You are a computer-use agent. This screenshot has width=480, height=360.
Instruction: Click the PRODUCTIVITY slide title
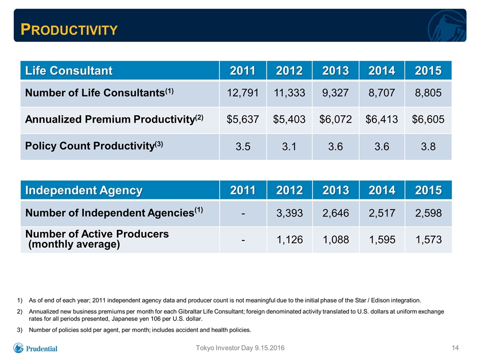click(x=69, y=29)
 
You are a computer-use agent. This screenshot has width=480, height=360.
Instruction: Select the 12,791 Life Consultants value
click(x=242, y=93)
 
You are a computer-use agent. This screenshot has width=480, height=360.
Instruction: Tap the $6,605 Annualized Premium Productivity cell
click(x=428, y=119)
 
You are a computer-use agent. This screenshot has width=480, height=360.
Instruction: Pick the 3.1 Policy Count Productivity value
click(x=289, y=146)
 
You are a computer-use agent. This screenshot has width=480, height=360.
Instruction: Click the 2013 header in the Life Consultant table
click(x=335, y=70)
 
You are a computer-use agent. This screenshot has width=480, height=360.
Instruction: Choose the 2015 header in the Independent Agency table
click(x=428, y=190)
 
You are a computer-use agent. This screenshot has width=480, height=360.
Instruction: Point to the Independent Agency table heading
click(x=84, y=190)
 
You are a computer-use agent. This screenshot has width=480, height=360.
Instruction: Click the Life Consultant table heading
click(x=69, y=70)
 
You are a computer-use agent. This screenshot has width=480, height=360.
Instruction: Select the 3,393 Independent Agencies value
click(x=289, y=213)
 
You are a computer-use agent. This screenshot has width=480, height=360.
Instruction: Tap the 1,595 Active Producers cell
click(x=382, y=239)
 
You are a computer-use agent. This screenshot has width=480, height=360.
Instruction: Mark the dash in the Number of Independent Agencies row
click(x=243, y=213)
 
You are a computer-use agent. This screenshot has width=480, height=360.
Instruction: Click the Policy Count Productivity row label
click(x=94, y=145)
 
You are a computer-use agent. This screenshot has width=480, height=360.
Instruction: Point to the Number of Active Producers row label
click(x=97, y=239)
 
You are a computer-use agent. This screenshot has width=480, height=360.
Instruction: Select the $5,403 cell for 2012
click(x=289, y=119)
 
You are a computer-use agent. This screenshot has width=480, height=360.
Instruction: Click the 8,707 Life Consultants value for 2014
click(x=381, y=93)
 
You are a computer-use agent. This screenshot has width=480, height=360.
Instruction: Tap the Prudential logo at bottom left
click(x=35, y=348)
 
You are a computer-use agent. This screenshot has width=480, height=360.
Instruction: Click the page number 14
click(x=455, y=348)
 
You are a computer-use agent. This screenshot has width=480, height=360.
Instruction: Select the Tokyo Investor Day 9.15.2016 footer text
click(x=240, y=348)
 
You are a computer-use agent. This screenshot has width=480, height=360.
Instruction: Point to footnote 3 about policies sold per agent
click(x=134, y=330)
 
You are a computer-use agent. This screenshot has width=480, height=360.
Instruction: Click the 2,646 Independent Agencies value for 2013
click(x=335, y=213)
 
